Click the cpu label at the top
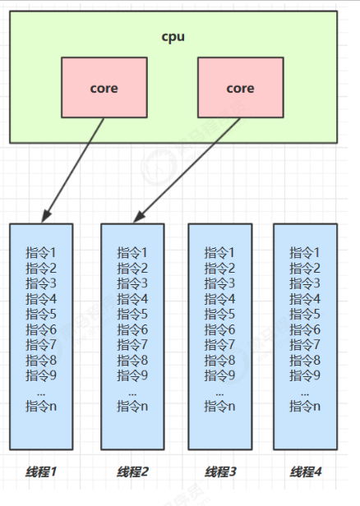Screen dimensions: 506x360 (173, 38)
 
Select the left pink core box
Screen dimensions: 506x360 (104, 88)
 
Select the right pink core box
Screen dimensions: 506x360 (240, 88)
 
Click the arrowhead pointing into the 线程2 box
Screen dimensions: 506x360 (136, 216)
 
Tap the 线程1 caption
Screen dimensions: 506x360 (41, 472)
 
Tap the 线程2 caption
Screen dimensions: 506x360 (132, 472)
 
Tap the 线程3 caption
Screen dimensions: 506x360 (219, 472)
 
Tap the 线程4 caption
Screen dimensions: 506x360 (306, 472)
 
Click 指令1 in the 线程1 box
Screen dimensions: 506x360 (41, 252)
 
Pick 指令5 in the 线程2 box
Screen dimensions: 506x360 (132, 314)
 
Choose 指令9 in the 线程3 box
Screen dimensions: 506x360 (219, 375)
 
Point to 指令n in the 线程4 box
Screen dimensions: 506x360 (306, 406)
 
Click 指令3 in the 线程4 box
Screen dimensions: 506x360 (306, 283)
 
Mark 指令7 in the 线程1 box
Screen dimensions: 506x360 (41, 344)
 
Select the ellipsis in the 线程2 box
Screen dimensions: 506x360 (132, 392)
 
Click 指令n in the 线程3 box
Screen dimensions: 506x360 (219, 406)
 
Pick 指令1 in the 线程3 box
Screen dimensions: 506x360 (219, 252)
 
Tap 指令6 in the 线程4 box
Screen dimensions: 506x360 (306, 329)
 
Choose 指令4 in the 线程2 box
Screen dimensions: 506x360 (132, 298)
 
